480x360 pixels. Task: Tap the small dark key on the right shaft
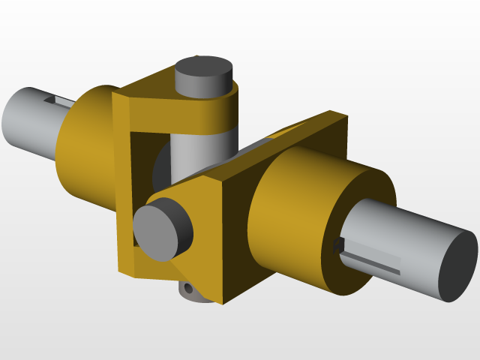pyautogui.click(x=337, y=245)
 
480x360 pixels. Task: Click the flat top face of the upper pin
pyautogui.click(x=203, y=70)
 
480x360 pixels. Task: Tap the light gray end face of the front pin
pyautogui.click(x=157, y=232)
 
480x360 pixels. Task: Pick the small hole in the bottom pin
pyautogui.click(x=187, y=287)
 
